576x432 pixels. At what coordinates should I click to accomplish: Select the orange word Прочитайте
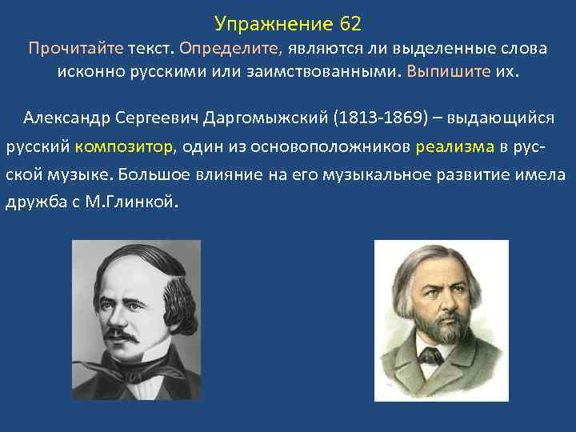(76, 48)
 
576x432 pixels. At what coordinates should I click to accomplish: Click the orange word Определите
(230, 48)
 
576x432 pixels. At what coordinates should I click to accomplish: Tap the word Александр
(68, 118)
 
